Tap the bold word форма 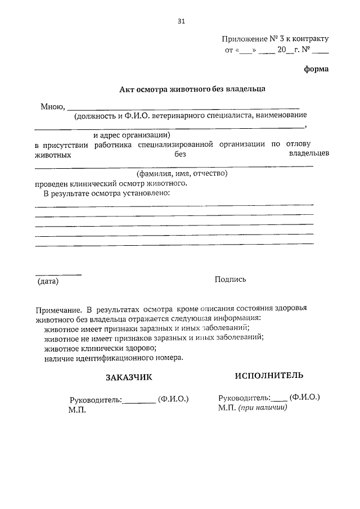point(316,69)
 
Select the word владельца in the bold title point(246,88)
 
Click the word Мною point(52,106)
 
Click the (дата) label point(48,280)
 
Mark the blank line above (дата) point(58,274)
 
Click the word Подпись point(230,279)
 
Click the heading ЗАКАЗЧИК point(129,377)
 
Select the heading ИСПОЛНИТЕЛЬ point(269,375)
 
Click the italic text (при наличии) point(262,408)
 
